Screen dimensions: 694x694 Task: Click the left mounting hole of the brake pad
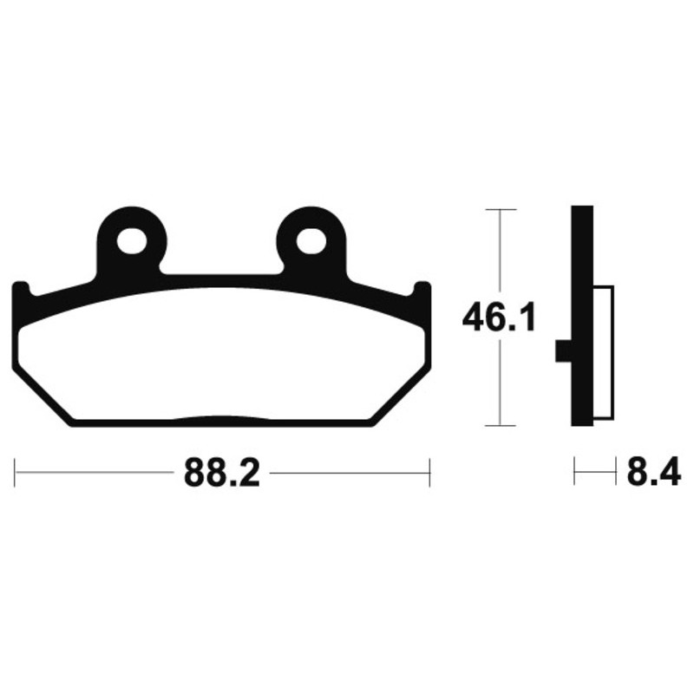point(132,240)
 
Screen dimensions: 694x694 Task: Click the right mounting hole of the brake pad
point(311,240)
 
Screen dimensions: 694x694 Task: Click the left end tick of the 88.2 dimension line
point(16,473)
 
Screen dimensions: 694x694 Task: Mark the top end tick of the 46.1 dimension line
point(501,210)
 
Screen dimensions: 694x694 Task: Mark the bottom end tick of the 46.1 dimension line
point(501,425)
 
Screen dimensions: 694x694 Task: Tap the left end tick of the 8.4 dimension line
point(575,473)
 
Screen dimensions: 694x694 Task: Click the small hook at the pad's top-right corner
point(422,289)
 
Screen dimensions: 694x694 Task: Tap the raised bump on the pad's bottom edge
point(221,420)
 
